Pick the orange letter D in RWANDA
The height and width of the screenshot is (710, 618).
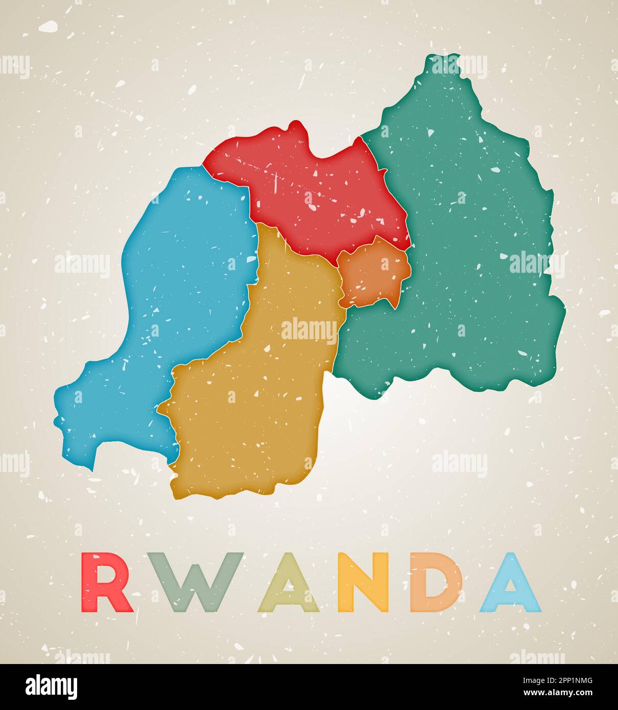[437, 582]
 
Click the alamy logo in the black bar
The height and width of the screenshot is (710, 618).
[52, 687]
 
